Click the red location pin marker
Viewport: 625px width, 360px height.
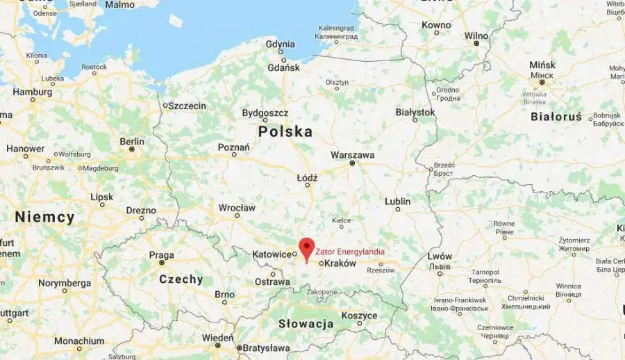tap(306, 247)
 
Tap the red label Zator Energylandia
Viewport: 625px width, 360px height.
tap(350, 252)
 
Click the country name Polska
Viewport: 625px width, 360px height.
tap(285, 131)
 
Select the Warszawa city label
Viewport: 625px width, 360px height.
tap(353, 154)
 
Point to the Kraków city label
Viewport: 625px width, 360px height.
tap(340, 263)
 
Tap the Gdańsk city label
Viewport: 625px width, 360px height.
tap(283, 67)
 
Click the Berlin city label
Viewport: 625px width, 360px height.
tap(132, 141)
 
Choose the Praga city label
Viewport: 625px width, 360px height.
tap(161, 255)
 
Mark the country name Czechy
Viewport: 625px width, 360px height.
tap(181, 279)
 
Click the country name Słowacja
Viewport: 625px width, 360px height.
tap(306, 324)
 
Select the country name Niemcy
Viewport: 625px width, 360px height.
tap(45, 218)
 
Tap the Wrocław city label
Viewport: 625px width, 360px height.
tap(237, 208)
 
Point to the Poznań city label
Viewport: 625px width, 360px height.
tap(233, 147)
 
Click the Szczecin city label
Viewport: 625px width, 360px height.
tap(187, 106)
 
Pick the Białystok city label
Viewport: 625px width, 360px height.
tap(415, 111)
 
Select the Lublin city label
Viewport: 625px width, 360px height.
tap(398, 202)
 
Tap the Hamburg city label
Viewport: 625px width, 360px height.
tap(33, 92)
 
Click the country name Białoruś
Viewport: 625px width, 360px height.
tap(556, 117)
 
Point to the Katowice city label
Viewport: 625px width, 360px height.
tap(272, 254)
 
